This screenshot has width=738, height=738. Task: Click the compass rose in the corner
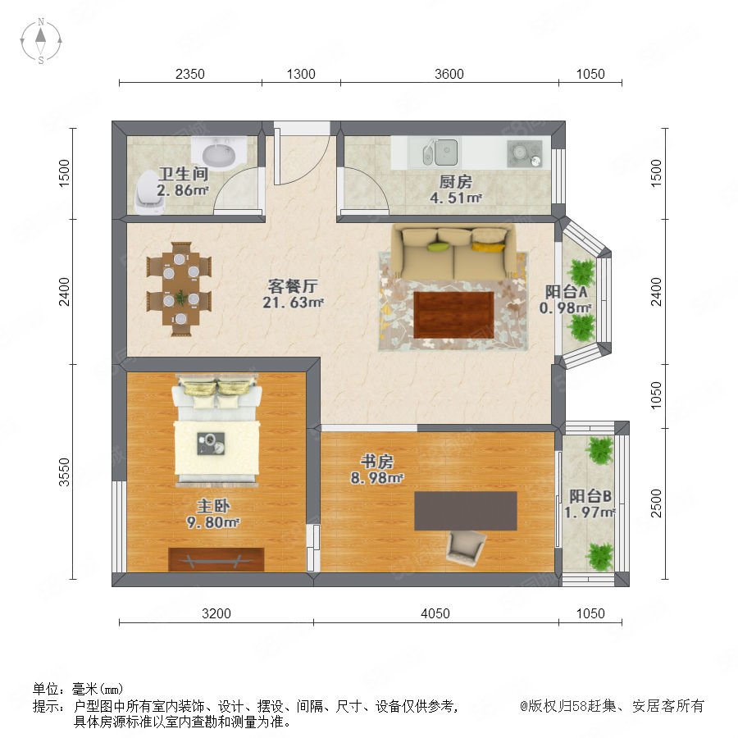pyautogui.click(x=41, y=41)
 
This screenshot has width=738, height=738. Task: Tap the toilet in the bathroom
pyautogui.click(x=148, y=192)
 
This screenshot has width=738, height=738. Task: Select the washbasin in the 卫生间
pyautogui.click(x=219, y=152)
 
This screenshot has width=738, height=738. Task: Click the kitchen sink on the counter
pyautogui.click(x=440, y=152)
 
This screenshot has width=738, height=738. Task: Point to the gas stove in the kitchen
pyautogui.click(x=524, y=153)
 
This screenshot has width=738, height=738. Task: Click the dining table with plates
pyautogui.click(x=180, y=289)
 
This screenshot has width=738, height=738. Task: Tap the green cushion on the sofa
pyautogui.click(x=438, y=247)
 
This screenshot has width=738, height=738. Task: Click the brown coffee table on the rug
pyautogui.click(x=453, y=314)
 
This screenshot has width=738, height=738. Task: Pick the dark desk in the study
pyautogui.click(x=466, y=511)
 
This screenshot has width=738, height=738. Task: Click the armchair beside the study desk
pyautogui.click(x=466, y=548)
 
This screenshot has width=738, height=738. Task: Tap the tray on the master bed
pyautogui.click(x=211, y=444)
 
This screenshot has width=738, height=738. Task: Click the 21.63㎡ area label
pyautogui.click(x=293, y=302)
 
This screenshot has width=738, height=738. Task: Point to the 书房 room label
pyautogui.click(x=377, y=461)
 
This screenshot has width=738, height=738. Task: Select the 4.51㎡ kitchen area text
pyautogui.click(x=455, y=198)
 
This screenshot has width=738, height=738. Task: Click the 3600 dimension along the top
pyautogui.click(x=449, y=74)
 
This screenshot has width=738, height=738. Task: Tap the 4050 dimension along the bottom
pyautogui.click(x=435, y=613)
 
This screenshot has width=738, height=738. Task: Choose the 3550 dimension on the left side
pyautogui.click(x=64, y=471)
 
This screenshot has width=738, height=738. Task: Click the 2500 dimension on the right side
pyautogui.click(x=656, y=503)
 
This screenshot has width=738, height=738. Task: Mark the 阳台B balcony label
pyautogui.click(x=590, y=496)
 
